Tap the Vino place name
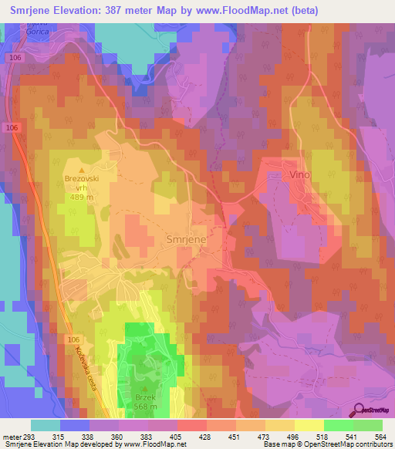point(299,175)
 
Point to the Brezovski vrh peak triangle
point(82,170)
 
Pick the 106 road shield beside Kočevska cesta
point(73,339)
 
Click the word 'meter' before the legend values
point(10,437)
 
